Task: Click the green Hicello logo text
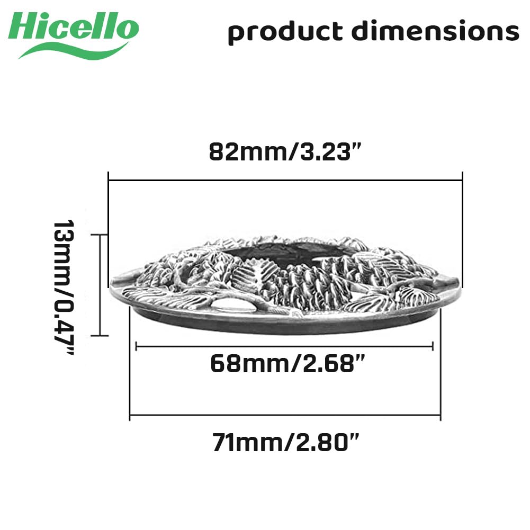pos(74,26)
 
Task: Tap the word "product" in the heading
pos(285,32)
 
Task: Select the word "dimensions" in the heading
pos(435,30)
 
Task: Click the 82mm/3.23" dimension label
pos(285,152)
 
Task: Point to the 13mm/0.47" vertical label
pos(64,288)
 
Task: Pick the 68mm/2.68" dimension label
pos(288,364)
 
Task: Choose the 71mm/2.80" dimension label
pos(286,443)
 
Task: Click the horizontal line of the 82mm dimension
pos(285,181)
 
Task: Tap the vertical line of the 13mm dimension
pos(100,285)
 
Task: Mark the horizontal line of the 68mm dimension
pos(284,346)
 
